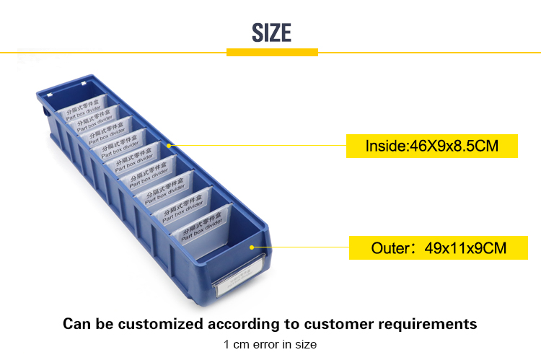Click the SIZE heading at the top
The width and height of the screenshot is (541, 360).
tap(271, 32)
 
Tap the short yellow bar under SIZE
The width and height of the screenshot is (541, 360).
tap(272, 52)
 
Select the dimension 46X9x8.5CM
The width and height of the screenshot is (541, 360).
tap(454, 146)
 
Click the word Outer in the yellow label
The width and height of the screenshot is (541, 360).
tap(390, 249)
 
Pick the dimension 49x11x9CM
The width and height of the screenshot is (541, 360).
tap(465, 249)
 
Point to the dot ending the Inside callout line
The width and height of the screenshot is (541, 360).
tap(170, 144)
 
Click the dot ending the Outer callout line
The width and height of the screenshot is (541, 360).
tap(251, 247)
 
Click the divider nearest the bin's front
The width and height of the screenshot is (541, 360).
tap(206, 222)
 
